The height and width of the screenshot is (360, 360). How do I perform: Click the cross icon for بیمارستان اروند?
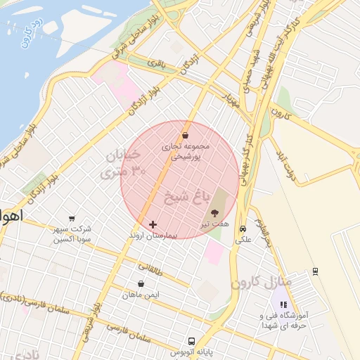click(153, 224)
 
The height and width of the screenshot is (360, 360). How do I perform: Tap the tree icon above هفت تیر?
click(214, 212)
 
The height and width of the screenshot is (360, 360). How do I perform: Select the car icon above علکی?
click(243, 229)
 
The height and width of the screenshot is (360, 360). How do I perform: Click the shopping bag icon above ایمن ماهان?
click(142, 284)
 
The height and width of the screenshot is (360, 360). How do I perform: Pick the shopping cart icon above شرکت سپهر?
click(72, 219)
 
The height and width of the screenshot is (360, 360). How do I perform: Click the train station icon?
click(315, 271)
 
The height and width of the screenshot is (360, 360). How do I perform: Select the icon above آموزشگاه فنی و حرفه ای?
click(283, 305)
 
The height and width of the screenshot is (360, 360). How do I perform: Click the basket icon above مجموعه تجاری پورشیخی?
click(185, 136)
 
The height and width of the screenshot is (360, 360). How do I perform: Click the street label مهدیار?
click(233, 98)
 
